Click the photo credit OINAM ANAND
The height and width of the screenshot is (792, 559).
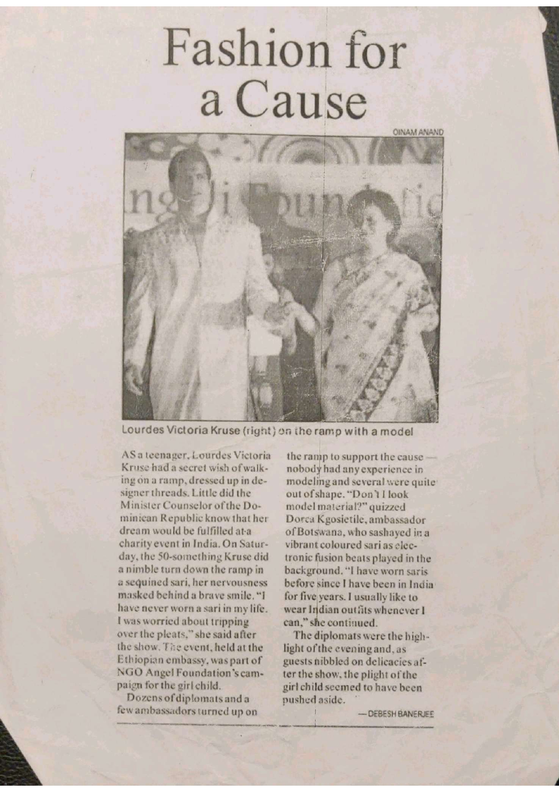(x=418, y=132)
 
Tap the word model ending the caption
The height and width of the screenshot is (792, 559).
(x=396, y=432)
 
